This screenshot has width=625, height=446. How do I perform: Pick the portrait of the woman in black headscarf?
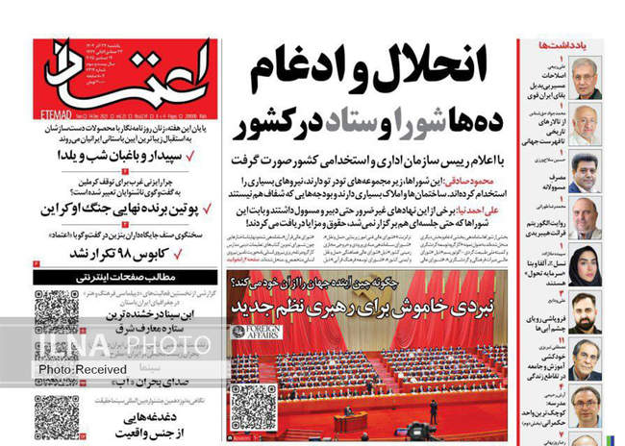584,260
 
